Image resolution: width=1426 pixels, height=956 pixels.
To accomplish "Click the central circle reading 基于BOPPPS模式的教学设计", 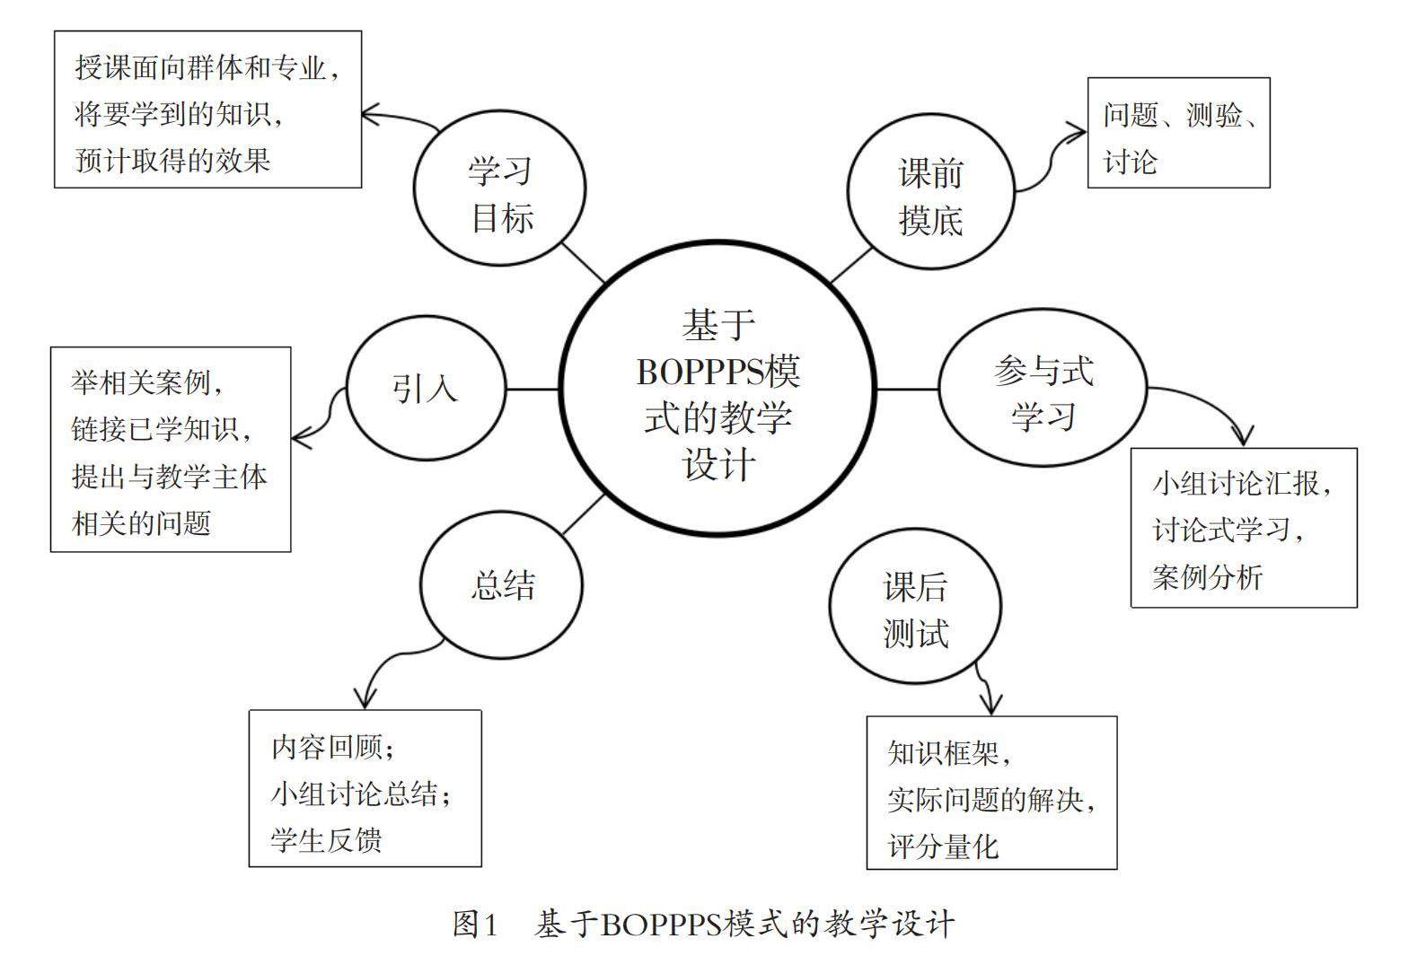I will click(x=717, y=391).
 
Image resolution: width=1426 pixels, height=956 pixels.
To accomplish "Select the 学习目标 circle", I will click(x=500, y=191).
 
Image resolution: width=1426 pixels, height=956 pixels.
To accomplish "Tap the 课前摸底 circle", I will click(x=931, y=195).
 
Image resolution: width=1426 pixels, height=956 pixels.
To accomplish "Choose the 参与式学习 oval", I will click(x=1043, y=390).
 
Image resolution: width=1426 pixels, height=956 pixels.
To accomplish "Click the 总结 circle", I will click(x=502, y=585).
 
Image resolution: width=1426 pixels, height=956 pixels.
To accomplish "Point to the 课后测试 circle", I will click(x=915, y=610).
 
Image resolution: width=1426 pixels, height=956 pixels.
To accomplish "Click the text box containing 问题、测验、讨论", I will click(x=1178, y=133).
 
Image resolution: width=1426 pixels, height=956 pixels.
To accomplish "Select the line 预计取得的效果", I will click(x=173, y=161).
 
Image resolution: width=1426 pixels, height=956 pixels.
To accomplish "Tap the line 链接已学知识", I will click(x=162, y=429).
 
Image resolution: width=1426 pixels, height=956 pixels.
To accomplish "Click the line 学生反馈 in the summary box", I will click(x=327, y=840).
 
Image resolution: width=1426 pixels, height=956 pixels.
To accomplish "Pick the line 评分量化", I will click(x=943, y=846).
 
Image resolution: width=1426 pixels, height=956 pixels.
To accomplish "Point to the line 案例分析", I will click(x=1208, y=576).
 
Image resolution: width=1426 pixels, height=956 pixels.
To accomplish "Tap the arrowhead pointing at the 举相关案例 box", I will click(x=301, y=438).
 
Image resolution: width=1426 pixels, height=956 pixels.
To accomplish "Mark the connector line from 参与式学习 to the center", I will click(x=907, y=389).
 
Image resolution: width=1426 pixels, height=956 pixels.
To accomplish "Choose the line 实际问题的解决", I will click(x=990, y=799).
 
